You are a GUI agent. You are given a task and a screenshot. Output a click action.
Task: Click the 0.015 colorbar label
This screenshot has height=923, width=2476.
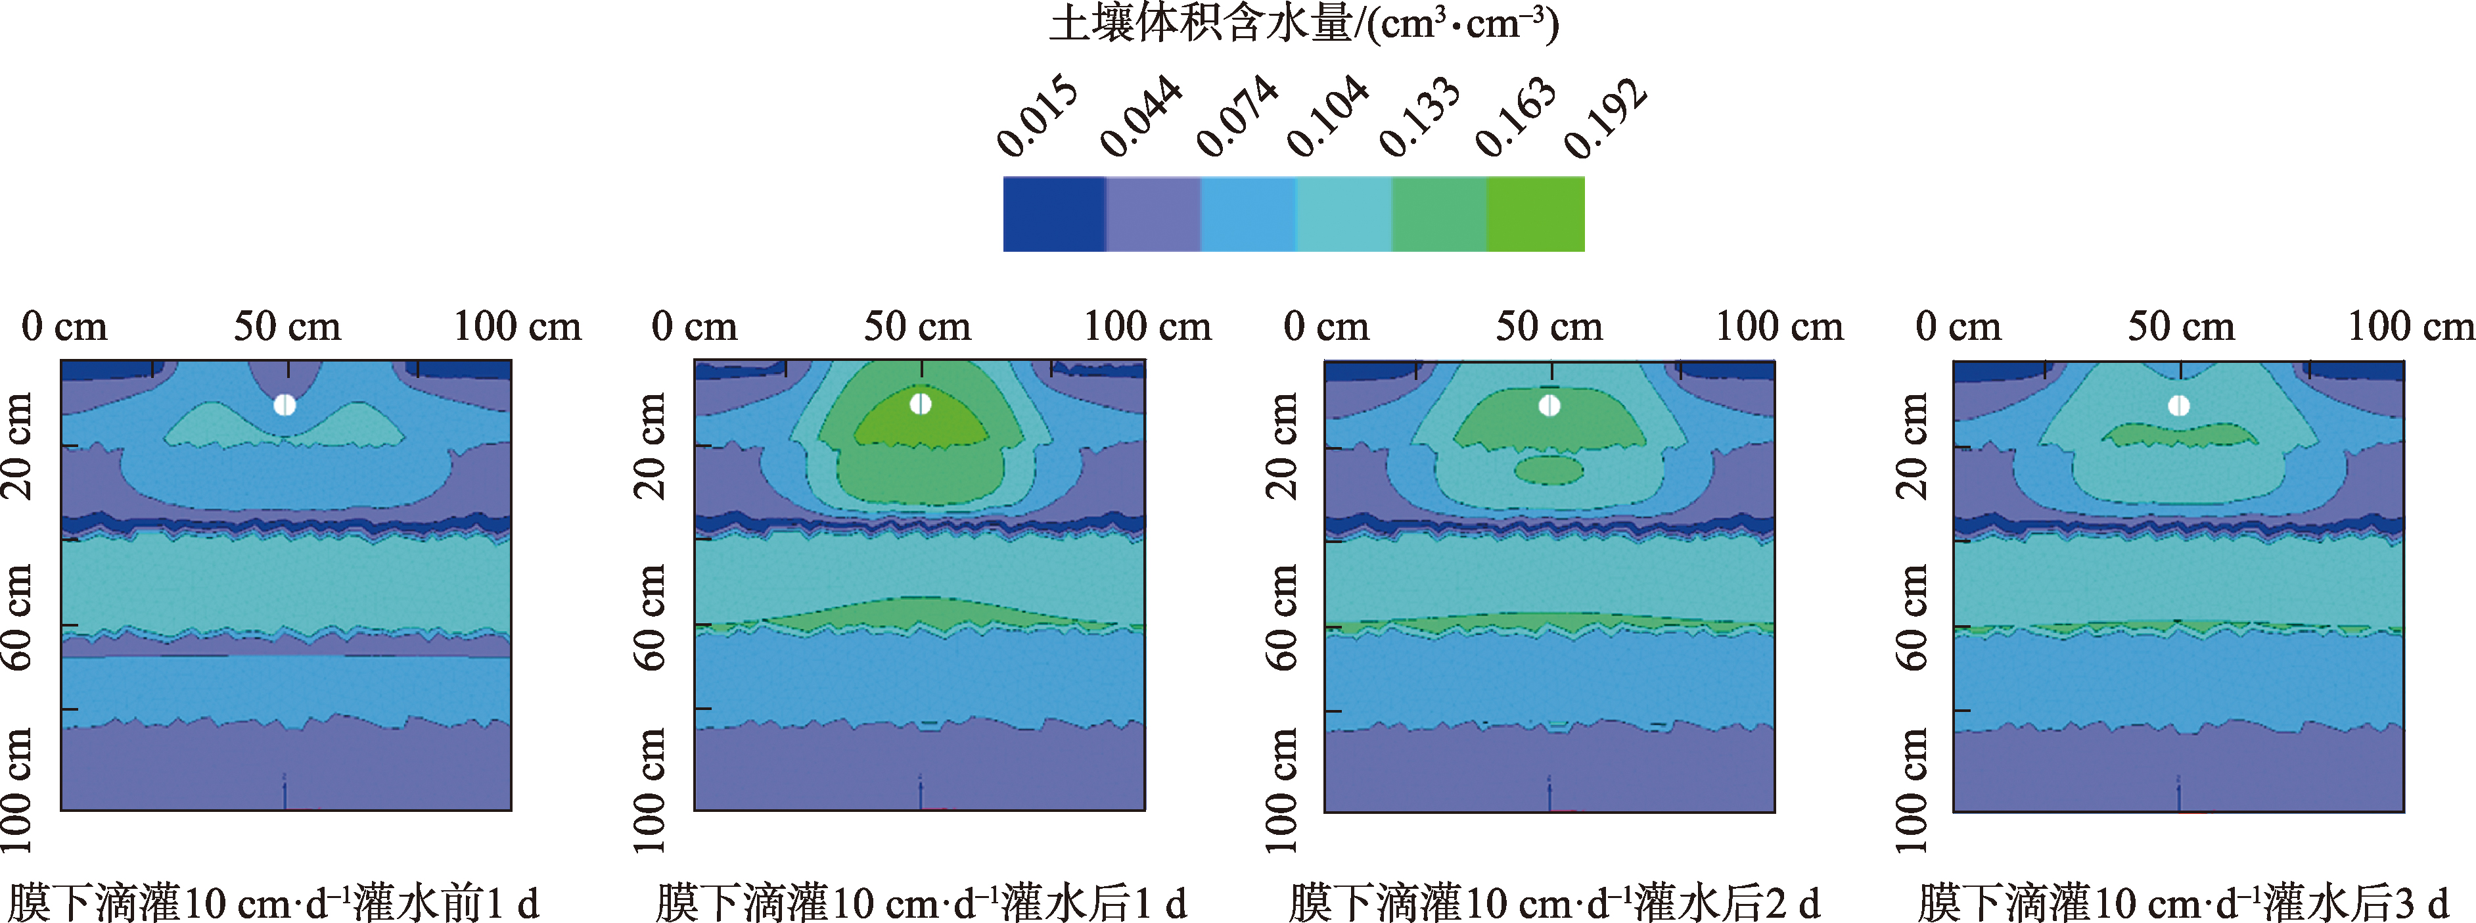[1036, 117]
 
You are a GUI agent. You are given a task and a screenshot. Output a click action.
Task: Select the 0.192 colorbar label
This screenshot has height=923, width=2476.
[1605, 117]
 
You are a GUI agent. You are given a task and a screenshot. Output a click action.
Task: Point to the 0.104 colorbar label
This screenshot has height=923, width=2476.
[1327, 117]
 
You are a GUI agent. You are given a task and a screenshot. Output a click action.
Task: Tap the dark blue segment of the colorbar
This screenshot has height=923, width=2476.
[1053, 214]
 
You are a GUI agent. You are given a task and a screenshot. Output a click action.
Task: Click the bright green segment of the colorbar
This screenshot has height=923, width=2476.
[1535, 214]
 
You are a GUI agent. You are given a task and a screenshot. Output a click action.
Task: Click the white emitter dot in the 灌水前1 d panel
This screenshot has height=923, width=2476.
[285, 405]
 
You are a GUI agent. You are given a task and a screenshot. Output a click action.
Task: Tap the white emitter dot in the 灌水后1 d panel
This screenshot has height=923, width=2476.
[921, 404]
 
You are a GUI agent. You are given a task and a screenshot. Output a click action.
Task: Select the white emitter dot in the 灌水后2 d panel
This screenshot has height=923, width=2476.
[1549, 406]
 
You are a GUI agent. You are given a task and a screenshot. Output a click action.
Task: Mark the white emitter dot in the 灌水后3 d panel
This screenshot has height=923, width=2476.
[2179, 406]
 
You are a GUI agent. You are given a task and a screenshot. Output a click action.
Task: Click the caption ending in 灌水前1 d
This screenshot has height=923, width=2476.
[273, 903]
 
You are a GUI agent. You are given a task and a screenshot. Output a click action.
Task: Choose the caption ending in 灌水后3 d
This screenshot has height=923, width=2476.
[2182, 903]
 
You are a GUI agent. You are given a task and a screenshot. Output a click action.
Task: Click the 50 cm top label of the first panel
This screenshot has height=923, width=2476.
[287, 327]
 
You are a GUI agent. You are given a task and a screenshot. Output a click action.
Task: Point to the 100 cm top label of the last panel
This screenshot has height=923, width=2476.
[2411, 327]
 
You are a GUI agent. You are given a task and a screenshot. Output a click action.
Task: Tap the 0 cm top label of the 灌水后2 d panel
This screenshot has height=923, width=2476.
[1327, 327]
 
